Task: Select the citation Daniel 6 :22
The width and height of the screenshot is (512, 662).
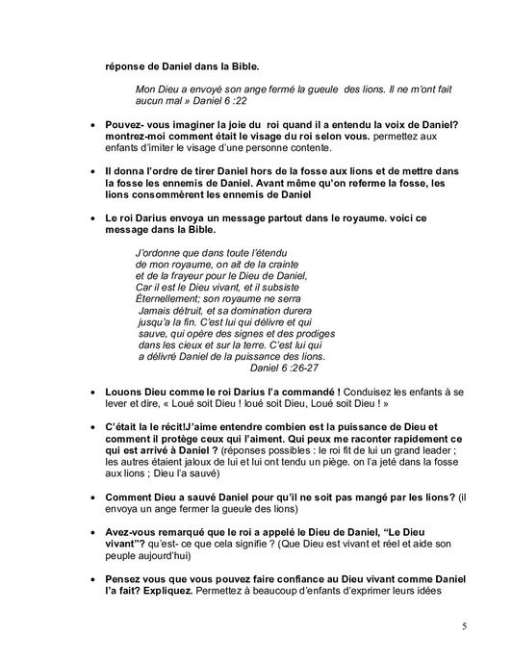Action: [217, 98]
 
